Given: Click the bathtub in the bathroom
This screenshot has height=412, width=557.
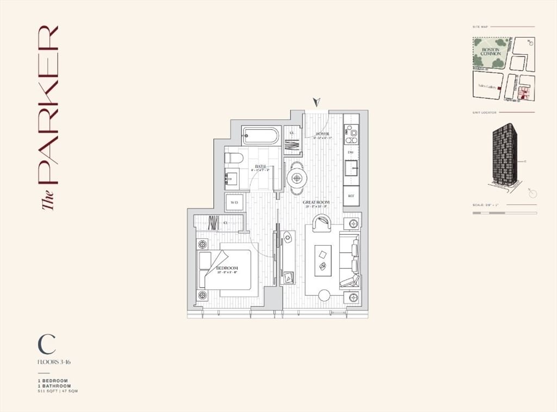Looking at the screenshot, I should point(261,135).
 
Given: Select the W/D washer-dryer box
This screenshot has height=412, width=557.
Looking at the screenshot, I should point(234,202).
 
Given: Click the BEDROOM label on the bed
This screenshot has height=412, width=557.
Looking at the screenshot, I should point(227,269).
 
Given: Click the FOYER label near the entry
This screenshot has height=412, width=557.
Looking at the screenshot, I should point(322,134).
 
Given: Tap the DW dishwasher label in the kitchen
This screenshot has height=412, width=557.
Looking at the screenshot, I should point(351,153).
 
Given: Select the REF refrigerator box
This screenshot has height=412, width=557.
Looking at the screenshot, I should point(351,196).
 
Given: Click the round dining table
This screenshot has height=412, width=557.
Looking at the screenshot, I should point(297,177).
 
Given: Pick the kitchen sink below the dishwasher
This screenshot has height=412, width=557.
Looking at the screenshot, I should point(351,168).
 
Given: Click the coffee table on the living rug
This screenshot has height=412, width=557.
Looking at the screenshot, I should point(323,259).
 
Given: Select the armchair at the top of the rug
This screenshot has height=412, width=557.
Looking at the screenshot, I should point(322,223).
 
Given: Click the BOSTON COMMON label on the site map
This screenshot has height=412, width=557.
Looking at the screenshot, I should point(491,51).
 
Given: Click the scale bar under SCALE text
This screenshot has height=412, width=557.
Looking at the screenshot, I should point(504,213).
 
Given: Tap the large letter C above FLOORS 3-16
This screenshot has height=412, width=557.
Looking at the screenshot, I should point(47,344).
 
